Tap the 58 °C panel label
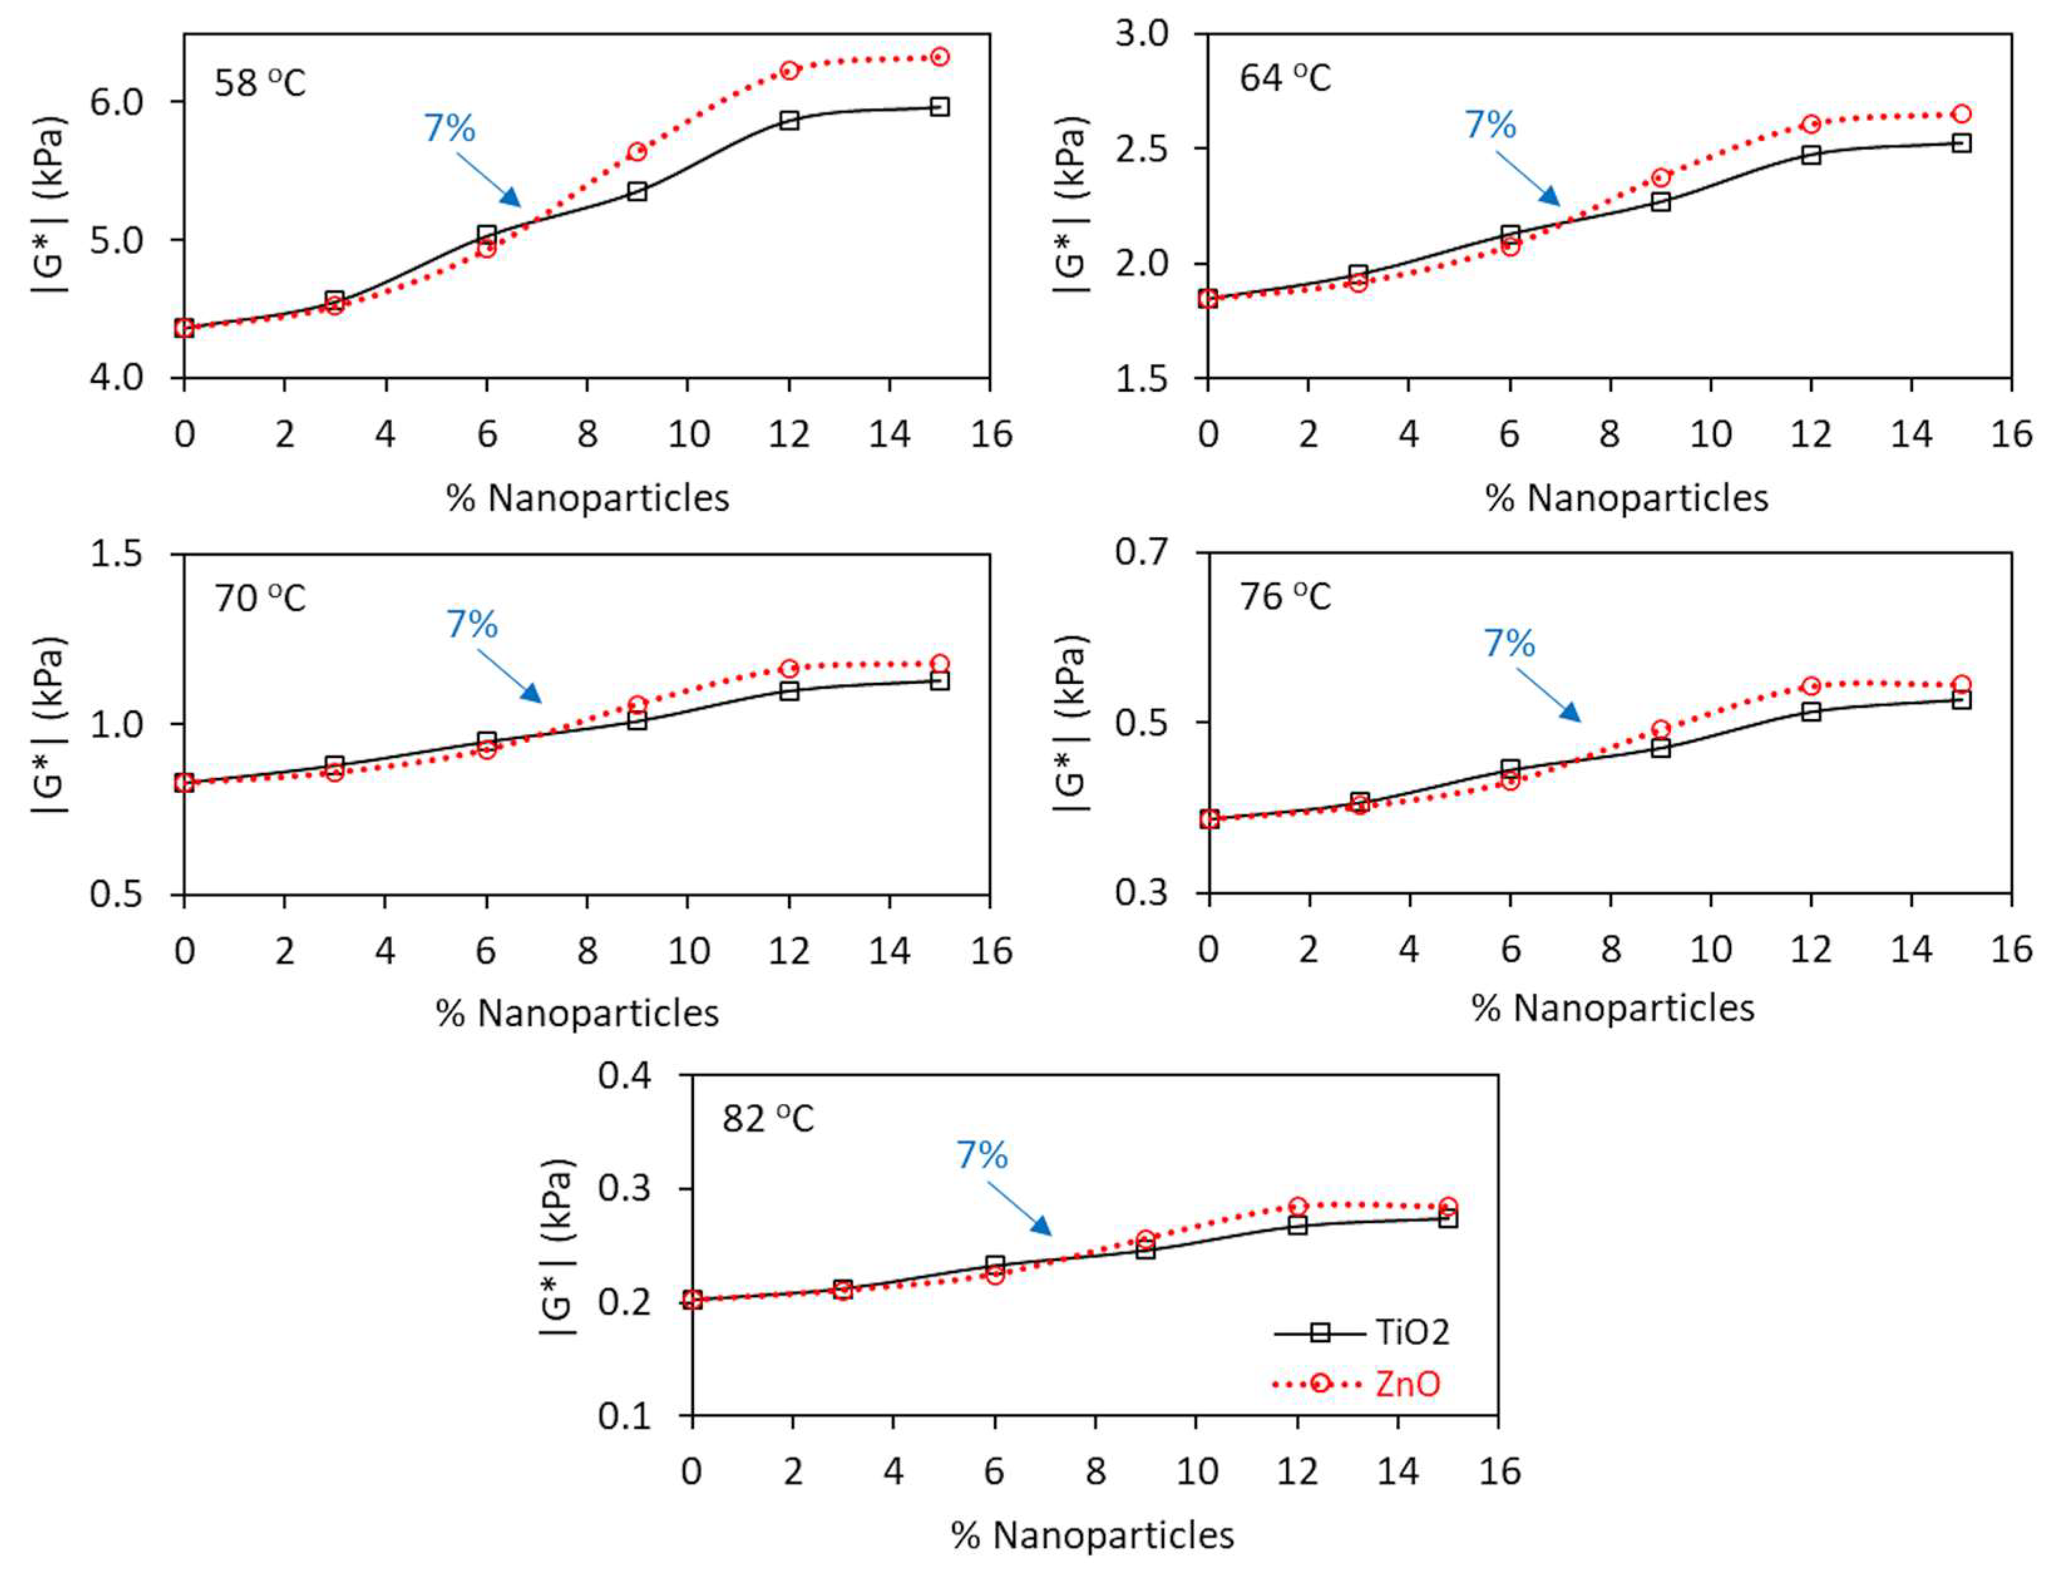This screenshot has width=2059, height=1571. click(259, 83)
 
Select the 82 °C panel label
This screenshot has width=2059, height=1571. click(767, 1118)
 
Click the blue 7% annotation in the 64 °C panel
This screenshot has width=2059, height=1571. click(1490, 124)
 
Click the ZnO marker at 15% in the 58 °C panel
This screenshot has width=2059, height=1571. click(940, 57)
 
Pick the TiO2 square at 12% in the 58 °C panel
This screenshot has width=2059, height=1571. click(789, 120)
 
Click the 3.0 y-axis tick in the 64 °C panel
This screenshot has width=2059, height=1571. click(1142, 34)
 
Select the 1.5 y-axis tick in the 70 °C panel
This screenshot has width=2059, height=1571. click(116, 554)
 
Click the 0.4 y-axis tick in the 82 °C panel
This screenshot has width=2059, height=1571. click(624, 1075)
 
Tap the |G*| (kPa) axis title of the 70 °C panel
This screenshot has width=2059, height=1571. click(49, 724)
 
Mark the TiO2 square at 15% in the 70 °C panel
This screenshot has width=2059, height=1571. click(940, 681)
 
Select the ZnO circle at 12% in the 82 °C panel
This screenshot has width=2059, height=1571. click(1297, 1206)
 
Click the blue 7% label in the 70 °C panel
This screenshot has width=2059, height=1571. click(471, 624)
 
